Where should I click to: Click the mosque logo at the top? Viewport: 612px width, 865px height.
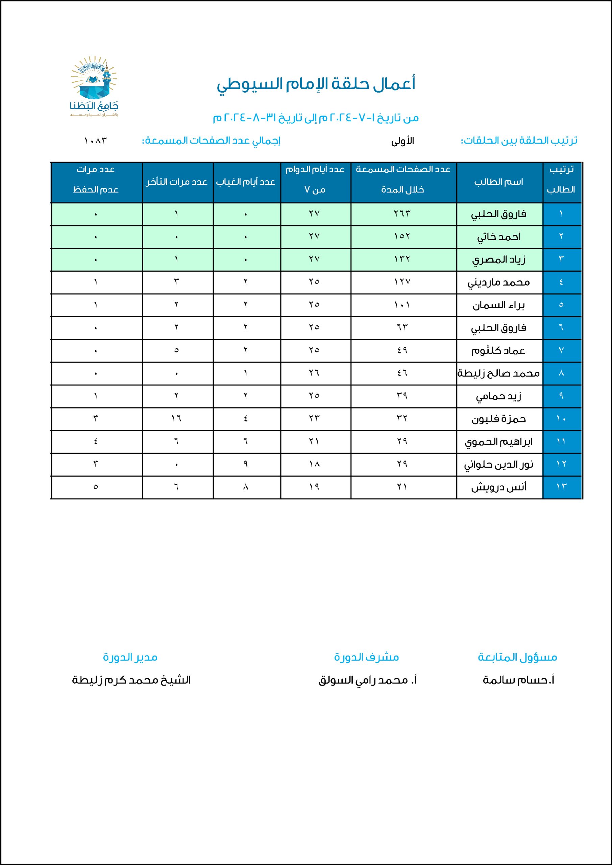coord(94,86)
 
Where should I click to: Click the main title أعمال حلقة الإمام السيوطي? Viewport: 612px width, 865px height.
coord(316,84)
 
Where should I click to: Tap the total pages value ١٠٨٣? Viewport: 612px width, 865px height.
coord(95,141)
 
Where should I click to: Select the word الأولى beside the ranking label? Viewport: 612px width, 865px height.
coord(402,141)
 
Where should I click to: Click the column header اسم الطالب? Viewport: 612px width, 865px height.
coord(498,182)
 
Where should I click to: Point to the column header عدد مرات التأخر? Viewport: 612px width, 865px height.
coord(177,182)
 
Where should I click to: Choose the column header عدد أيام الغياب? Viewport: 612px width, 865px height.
coord(246,182)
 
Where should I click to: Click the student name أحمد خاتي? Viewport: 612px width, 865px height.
coord(498,237)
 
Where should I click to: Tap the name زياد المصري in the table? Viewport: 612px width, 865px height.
coord(498,259)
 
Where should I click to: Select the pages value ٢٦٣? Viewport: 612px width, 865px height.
coord(402,214)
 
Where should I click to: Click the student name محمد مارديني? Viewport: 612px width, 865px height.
coord(498,282)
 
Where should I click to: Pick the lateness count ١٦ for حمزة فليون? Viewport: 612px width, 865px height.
coord(176,419)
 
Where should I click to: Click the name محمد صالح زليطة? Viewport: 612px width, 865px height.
coord(498,373)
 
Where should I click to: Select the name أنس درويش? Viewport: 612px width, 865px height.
coord(498,487)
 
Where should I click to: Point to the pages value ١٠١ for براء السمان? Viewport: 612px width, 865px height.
coord(402,305)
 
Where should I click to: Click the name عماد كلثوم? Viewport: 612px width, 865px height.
coord(498,351)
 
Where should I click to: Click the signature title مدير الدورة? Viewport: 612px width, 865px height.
coord(130,658)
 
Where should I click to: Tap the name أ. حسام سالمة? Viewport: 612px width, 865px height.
coord(518,680)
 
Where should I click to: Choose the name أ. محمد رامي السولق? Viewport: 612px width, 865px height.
coord(367,680)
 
